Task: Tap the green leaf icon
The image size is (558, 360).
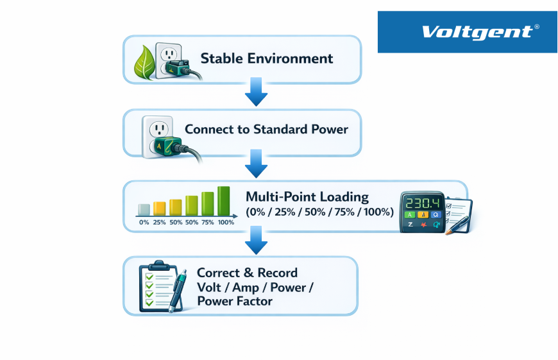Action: [x=144, y=62]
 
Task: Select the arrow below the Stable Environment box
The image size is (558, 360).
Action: [x=256, y=92]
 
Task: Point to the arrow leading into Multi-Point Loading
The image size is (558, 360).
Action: [x=256, y=164]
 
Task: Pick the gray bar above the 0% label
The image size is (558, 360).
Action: [x=144, y=210]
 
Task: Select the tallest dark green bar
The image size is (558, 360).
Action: [x=223, y=201]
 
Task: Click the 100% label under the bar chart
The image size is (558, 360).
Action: [x=226, y=222]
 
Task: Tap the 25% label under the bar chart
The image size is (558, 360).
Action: [x=159, y=222]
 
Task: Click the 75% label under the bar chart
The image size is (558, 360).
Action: [x=207, y=222]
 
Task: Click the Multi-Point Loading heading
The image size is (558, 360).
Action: [x=307, y=196]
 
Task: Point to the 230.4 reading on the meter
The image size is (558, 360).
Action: [x=423, y=203]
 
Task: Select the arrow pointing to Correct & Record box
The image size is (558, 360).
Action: [x=256, y=240]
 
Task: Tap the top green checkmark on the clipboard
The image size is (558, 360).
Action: [x=149, y=277]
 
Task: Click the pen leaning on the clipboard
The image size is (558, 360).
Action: [x=177, y=291]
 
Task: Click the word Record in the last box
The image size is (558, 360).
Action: [x=277, y=273]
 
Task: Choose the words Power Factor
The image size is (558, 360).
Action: [x=235, y=301]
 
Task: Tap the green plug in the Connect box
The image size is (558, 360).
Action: [x=168, y=147]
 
